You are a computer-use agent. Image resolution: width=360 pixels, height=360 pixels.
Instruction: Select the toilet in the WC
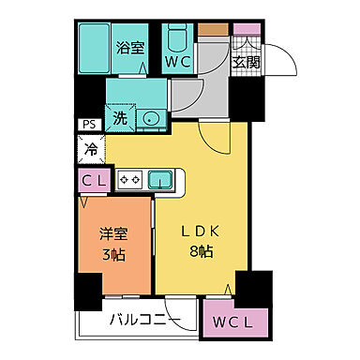(x=178, y=40)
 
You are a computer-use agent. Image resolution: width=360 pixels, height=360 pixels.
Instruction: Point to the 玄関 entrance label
(x=246, y=63)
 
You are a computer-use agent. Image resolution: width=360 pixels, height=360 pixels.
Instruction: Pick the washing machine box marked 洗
(x=120, y=118)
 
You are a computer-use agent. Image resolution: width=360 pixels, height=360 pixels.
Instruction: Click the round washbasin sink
(x=150, y=118)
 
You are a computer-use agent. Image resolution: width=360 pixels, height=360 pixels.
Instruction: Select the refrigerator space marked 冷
(x=91, y=148)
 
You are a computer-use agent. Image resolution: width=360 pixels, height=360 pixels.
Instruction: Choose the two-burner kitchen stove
(x=129, y=177)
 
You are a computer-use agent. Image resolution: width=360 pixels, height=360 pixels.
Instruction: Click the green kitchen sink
(x=159, y=177)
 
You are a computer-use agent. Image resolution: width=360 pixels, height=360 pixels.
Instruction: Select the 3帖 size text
(x=113, y=256)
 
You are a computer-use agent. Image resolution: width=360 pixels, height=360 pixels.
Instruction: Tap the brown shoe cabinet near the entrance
(x=211, y=30)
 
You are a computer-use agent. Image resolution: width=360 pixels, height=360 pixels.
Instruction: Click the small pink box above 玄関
(x=246, y=30)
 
